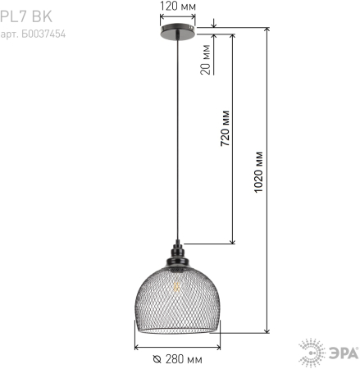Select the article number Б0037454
(x=33, y=34)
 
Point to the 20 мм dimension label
(x=206, y=61)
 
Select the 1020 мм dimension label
(x=260, y=169)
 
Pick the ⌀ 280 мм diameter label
(x=178, y=359)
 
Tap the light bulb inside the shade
(x=175, y=286)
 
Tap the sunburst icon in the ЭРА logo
(x=312, y=353)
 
